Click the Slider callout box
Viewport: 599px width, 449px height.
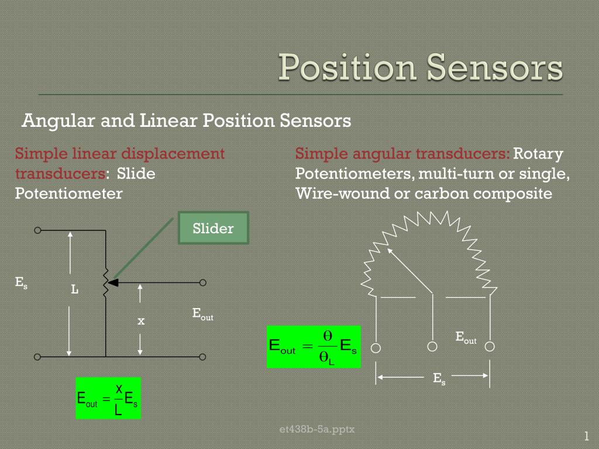coord(214,228)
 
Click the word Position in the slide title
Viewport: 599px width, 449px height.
coord(347,68)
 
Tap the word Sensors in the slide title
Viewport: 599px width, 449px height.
coord(494,68)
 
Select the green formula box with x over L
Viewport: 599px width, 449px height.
coord(108,398)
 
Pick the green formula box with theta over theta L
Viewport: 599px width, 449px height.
coord(314,347)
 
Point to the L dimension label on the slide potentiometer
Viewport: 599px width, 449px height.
coord(75,289)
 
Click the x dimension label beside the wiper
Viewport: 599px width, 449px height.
coord(141,321)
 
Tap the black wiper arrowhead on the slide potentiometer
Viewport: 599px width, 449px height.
coord(113,283)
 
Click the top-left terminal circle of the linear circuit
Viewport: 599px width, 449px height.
coord(37,230)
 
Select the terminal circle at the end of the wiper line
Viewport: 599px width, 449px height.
coord(203,282)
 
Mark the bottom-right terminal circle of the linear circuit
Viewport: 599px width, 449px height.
coord(202,357)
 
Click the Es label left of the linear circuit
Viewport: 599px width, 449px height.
coord(21,282)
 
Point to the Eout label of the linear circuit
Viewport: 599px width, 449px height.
coord(203,314)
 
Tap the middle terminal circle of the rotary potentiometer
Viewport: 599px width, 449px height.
coord(432,346)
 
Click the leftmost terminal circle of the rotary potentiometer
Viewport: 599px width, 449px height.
coord(376,348)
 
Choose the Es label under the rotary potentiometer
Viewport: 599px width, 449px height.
coord(439,379)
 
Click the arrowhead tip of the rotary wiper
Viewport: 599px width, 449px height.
coord(388,249)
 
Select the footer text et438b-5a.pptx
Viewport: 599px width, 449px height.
coord(317,430)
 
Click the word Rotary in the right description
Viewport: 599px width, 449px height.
coord(538,154)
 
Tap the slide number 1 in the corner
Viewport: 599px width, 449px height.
coord(586,436)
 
